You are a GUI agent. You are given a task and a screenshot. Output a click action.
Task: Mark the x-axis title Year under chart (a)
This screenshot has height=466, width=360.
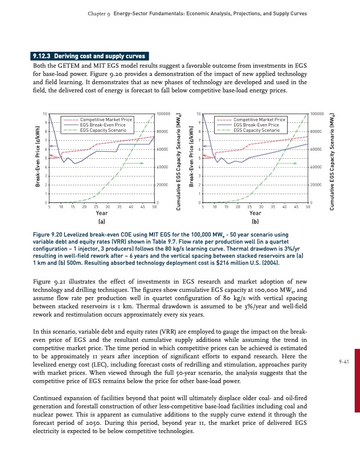pos(101,214)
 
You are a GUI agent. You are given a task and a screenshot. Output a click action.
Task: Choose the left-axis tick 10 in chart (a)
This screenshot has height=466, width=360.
pos(45,114)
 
